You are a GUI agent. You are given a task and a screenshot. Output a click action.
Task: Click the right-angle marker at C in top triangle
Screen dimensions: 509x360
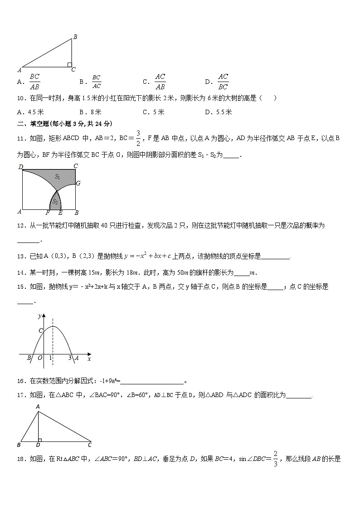(x=69, y=65)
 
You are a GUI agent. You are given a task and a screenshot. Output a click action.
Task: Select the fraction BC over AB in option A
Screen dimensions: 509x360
(x=34, y=82)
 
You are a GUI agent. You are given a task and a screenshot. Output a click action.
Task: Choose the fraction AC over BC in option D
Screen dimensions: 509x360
(x=223, y=82)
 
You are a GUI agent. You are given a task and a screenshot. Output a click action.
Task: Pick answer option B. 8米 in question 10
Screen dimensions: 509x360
(x=90, y=112)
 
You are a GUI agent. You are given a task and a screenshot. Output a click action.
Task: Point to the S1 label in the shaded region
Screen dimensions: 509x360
(x=58, y=176)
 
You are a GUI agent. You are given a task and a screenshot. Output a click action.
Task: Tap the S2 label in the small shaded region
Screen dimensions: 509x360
(x=55, y=201)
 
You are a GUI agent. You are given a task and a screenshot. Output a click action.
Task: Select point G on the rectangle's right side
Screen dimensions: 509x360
(x=78, y=184)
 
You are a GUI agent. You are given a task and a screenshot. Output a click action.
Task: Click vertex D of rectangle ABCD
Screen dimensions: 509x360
(x=20, y=166)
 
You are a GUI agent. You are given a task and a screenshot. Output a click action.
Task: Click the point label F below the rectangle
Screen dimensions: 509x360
(x=48, y=213)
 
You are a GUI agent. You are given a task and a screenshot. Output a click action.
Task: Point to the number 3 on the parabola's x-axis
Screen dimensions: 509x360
(x=70, y=358)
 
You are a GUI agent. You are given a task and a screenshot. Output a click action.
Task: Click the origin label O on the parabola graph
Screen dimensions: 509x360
(x=39, y=358)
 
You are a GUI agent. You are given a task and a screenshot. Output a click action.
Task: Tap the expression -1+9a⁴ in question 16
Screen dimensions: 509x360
(x=107, y=381)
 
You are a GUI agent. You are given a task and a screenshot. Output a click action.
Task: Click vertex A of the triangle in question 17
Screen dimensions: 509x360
(x=38, y=407)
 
